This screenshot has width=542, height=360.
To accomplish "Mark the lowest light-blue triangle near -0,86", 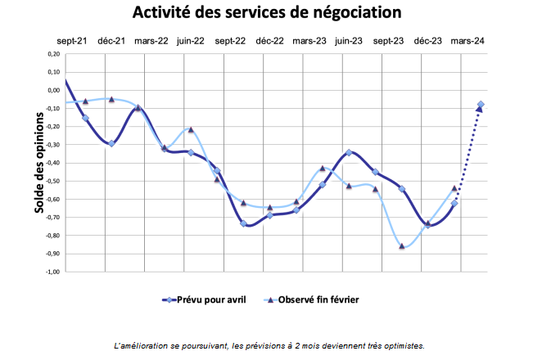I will (402, 245).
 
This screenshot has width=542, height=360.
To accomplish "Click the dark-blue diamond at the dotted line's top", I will (481, 105).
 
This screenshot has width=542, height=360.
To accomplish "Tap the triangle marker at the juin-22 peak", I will (191, 129).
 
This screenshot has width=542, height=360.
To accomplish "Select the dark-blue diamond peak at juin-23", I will (349, 152).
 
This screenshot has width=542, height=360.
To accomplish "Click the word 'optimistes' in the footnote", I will (403, 345).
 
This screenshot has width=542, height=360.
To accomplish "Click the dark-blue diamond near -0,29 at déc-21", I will (111, 143).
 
